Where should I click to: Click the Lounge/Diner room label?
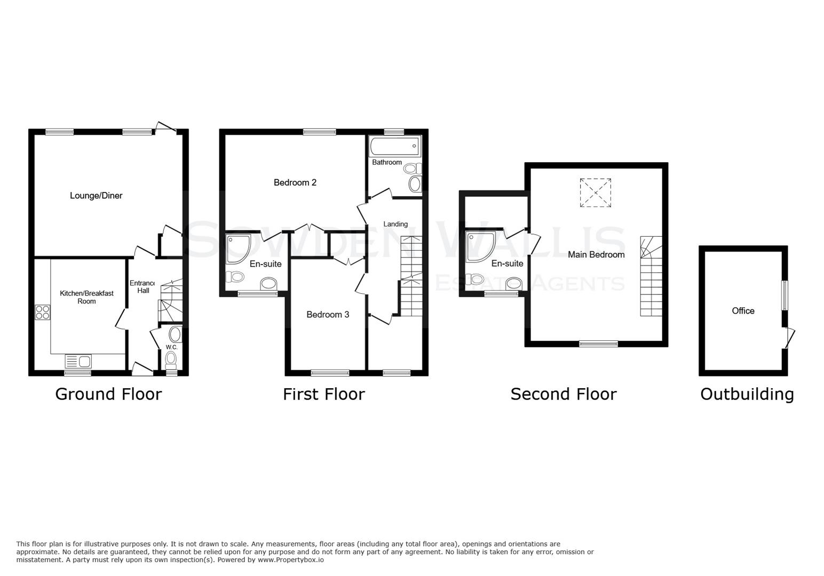[x=96, y=196]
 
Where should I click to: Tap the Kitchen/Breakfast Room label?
[x=86, y=297]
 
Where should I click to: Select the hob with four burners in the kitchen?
[x=42, y=311]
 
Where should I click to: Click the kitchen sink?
[x=78, y=361]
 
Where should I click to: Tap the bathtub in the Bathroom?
[x=394, y=145]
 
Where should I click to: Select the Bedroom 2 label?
[x=295, y=183]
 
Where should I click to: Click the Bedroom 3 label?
[x=328, y=315]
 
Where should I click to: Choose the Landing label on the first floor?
[x=395, y=224]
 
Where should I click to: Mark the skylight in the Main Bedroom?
[x=595, y=193]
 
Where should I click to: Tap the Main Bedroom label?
[x=596, y=255]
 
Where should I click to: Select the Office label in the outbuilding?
[x=743, y=311]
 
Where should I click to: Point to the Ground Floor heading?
[x=108, y=394]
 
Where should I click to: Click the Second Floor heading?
[x=564, y=394]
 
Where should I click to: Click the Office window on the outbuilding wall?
[x=785, y=295]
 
